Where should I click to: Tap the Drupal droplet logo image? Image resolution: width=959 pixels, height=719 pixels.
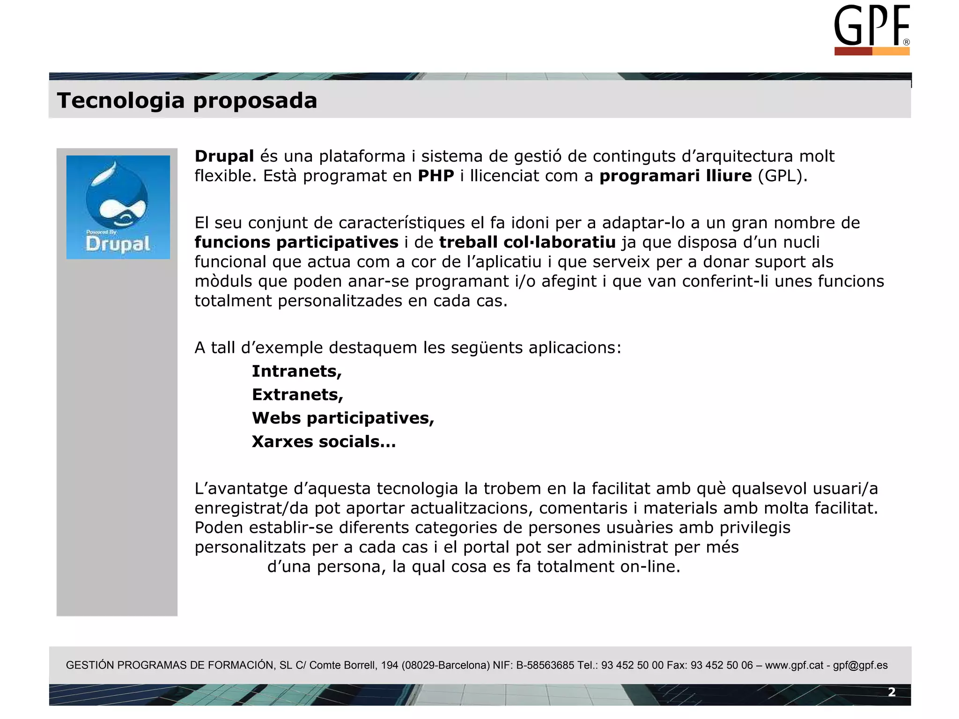[x=118, y=207]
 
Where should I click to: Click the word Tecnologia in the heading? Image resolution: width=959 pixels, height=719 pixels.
[x=121, y=101]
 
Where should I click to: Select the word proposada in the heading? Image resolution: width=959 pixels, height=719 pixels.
[x=255, y=101]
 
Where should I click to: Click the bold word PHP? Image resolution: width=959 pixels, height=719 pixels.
[x=436, y=176]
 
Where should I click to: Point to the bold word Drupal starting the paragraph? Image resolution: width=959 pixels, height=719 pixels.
[x=224, y=156]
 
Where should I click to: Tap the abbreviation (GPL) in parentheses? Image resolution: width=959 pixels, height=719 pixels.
[x=782, y=176]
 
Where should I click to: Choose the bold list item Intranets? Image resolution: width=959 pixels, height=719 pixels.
[x=297, y=371]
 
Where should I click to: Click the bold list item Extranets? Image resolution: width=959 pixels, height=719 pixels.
[x=297, y=395]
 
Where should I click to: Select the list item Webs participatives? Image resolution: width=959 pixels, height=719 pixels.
[x=343, y=418]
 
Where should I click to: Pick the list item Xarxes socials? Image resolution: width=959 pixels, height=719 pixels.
[x=324, y=441]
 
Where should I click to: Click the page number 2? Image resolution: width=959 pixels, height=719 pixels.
[x=892, y=692]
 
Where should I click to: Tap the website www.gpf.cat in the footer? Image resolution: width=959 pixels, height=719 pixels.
[x=794, y=665]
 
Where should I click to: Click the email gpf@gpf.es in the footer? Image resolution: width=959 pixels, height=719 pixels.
[x=860, y=665]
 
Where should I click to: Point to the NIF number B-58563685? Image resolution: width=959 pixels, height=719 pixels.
[x=545, y=665]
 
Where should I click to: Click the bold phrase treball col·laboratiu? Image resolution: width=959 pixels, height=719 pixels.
[x=527, y=242]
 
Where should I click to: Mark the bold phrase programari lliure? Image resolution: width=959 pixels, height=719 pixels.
[x=675, y=176]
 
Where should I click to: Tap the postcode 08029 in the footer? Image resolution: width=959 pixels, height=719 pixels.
[x=420, y=665]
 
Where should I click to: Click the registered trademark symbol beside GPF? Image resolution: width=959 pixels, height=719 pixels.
[x=906, y=42]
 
